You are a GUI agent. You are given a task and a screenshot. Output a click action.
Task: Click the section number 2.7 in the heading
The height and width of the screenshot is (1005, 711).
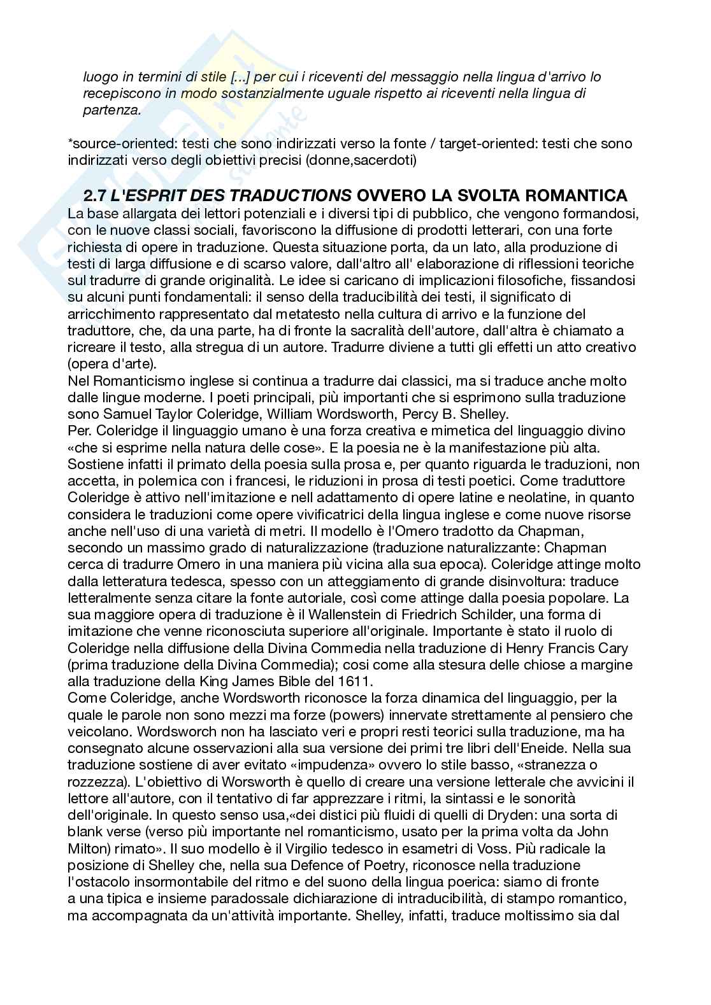pos(96,195)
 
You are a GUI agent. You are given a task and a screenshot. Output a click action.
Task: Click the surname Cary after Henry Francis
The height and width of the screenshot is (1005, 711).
pos(612,648)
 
